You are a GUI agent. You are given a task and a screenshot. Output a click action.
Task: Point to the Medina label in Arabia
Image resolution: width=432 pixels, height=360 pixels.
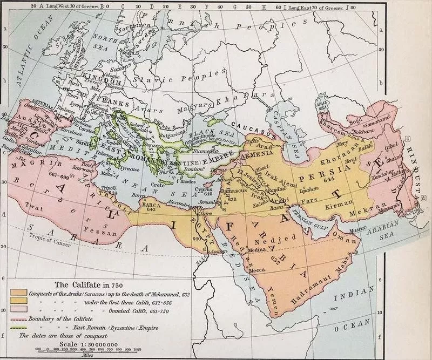(254, 250)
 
